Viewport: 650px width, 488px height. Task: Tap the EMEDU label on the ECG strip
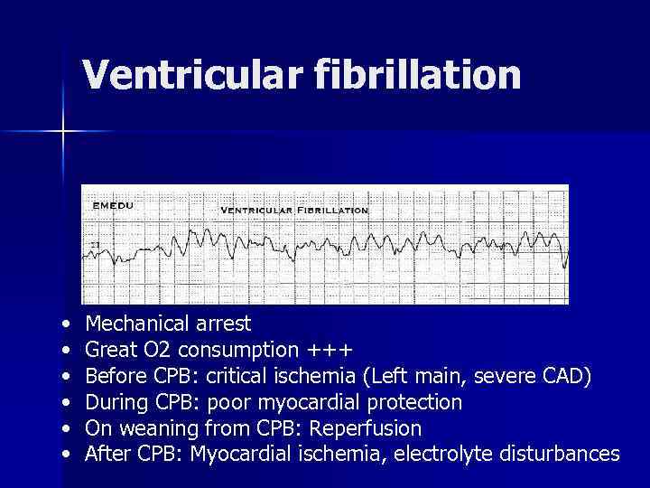pos(113,206)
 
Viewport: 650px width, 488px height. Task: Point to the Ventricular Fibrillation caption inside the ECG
pos(294,210)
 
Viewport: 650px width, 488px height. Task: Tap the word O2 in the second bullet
pos(157,350)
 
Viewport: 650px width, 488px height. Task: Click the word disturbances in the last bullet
pos(553,454)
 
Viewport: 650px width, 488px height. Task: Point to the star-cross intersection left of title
pos(63,132)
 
